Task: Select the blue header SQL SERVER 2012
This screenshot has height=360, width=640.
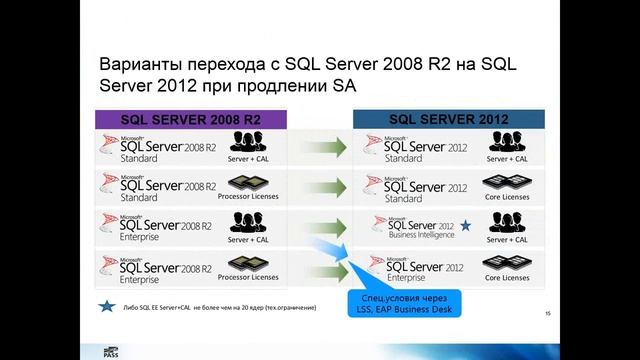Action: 448,118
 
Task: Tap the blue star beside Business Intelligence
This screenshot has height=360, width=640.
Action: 465,226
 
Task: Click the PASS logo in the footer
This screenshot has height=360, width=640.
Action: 113,351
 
